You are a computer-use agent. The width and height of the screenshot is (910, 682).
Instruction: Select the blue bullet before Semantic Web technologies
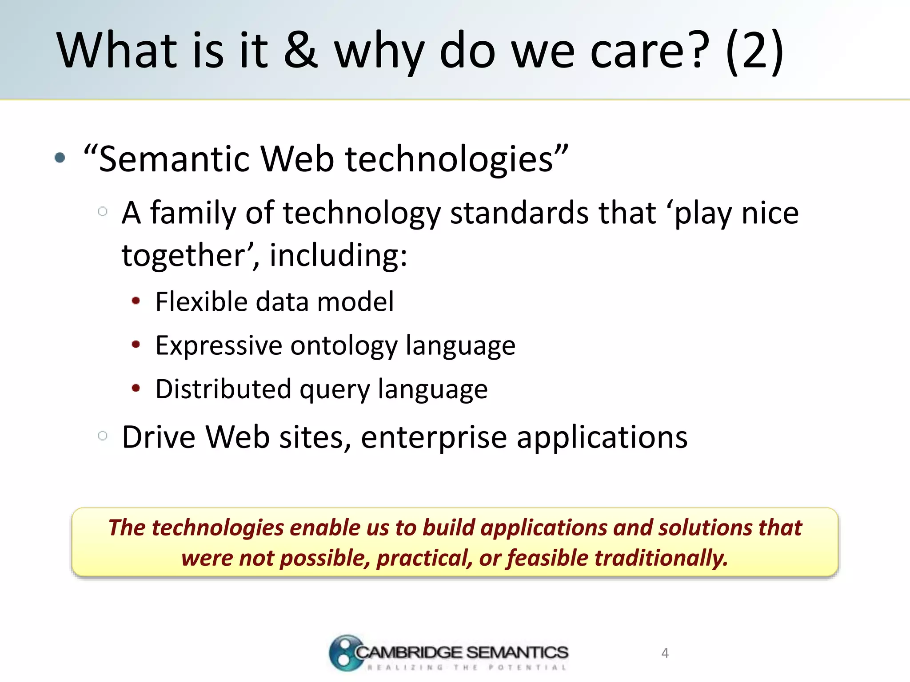point(60,158)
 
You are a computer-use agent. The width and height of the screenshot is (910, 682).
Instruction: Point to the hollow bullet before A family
point(103,211)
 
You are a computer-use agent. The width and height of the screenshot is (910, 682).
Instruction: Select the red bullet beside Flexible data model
point(136,301)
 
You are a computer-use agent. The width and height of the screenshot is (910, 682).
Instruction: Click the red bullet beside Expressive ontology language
point(136,345)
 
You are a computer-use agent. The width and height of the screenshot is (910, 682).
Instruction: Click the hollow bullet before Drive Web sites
point(103,436)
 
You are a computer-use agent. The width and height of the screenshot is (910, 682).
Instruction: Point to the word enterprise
point(434,438)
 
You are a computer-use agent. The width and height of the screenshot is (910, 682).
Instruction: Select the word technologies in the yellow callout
point(218,528)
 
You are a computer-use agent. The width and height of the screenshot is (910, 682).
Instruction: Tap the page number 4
point(665,653)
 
